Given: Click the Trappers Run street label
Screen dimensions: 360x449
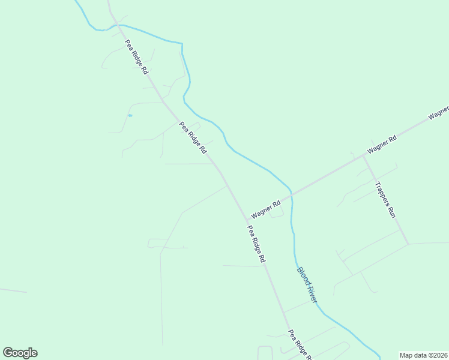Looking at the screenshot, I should click(x=385, y=200).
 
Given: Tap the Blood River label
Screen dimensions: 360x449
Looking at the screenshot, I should click(x=306, y=284).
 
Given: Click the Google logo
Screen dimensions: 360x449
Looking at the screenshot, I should click(x=20, y=353).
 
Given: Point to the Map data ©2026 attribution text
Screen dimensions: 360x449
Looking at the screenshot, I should click(x=423, y=355).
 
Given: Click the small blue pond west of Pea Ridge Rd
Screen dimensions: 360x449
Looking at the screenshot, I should click(x=130, y=115).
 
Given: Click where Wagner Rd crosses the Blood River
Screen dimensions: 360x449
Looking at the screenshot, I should click(x=291, y=194).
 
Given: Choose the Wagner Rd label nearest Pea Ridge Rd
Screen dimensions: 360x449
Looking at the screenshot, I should click(x=266, y=209).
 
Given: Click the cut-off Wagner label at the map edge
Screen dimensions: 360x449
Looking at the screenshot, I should click(x=439, y=113).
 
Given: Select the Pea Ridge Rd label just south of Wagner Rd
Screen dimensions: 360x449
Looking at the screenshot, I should click(x=256, y=244).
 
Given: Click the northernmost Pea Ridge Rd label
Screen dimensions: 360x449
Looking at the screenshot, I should click(x=136, y=57).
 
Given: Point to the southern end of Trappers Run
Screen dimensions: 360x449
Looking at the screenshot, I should click(x=408, y=244).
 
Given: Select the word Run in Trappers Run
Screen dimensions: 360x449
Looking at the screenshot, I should click(x=392, y=211).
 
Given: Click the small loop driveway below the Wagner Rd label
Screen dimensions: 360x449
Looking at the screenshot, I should click(x=277, y=213).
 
